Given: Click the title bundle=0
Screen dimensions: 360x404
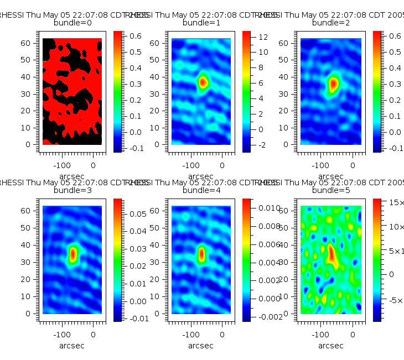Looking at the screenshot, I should (x=72, y=23).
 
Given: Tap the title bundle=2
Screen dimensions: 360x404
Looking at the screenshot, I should (x=331, y=23).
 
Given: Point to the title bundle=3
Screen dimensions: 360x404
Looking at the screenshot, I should (x=72, y=190).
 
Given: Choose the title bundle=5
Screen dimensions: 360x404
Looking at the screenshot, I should (x=331, y=190).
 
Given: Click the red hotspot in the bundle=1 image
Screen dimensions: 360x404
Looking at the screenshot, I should (x=203, y=82).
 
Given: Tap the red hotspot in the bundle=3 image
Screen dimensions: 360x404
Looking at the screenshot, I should (x=73, y=254).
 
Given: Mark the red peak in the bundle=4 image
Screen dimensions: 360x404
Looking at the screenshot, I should (x=201, y=254).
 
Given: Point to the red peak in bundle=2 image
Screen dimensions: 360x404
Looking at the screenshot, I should (x=333, y=84).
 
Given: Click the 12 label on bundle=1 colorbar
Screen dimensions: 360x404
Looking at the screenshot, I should (x=263, y=37).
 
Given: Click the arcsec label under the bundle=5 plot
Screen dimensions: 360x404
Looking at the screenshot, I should (x=331, y=346).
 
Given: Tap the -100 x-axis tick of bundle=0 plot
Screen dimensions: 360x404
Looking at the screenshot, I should (x=61, y=165).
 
